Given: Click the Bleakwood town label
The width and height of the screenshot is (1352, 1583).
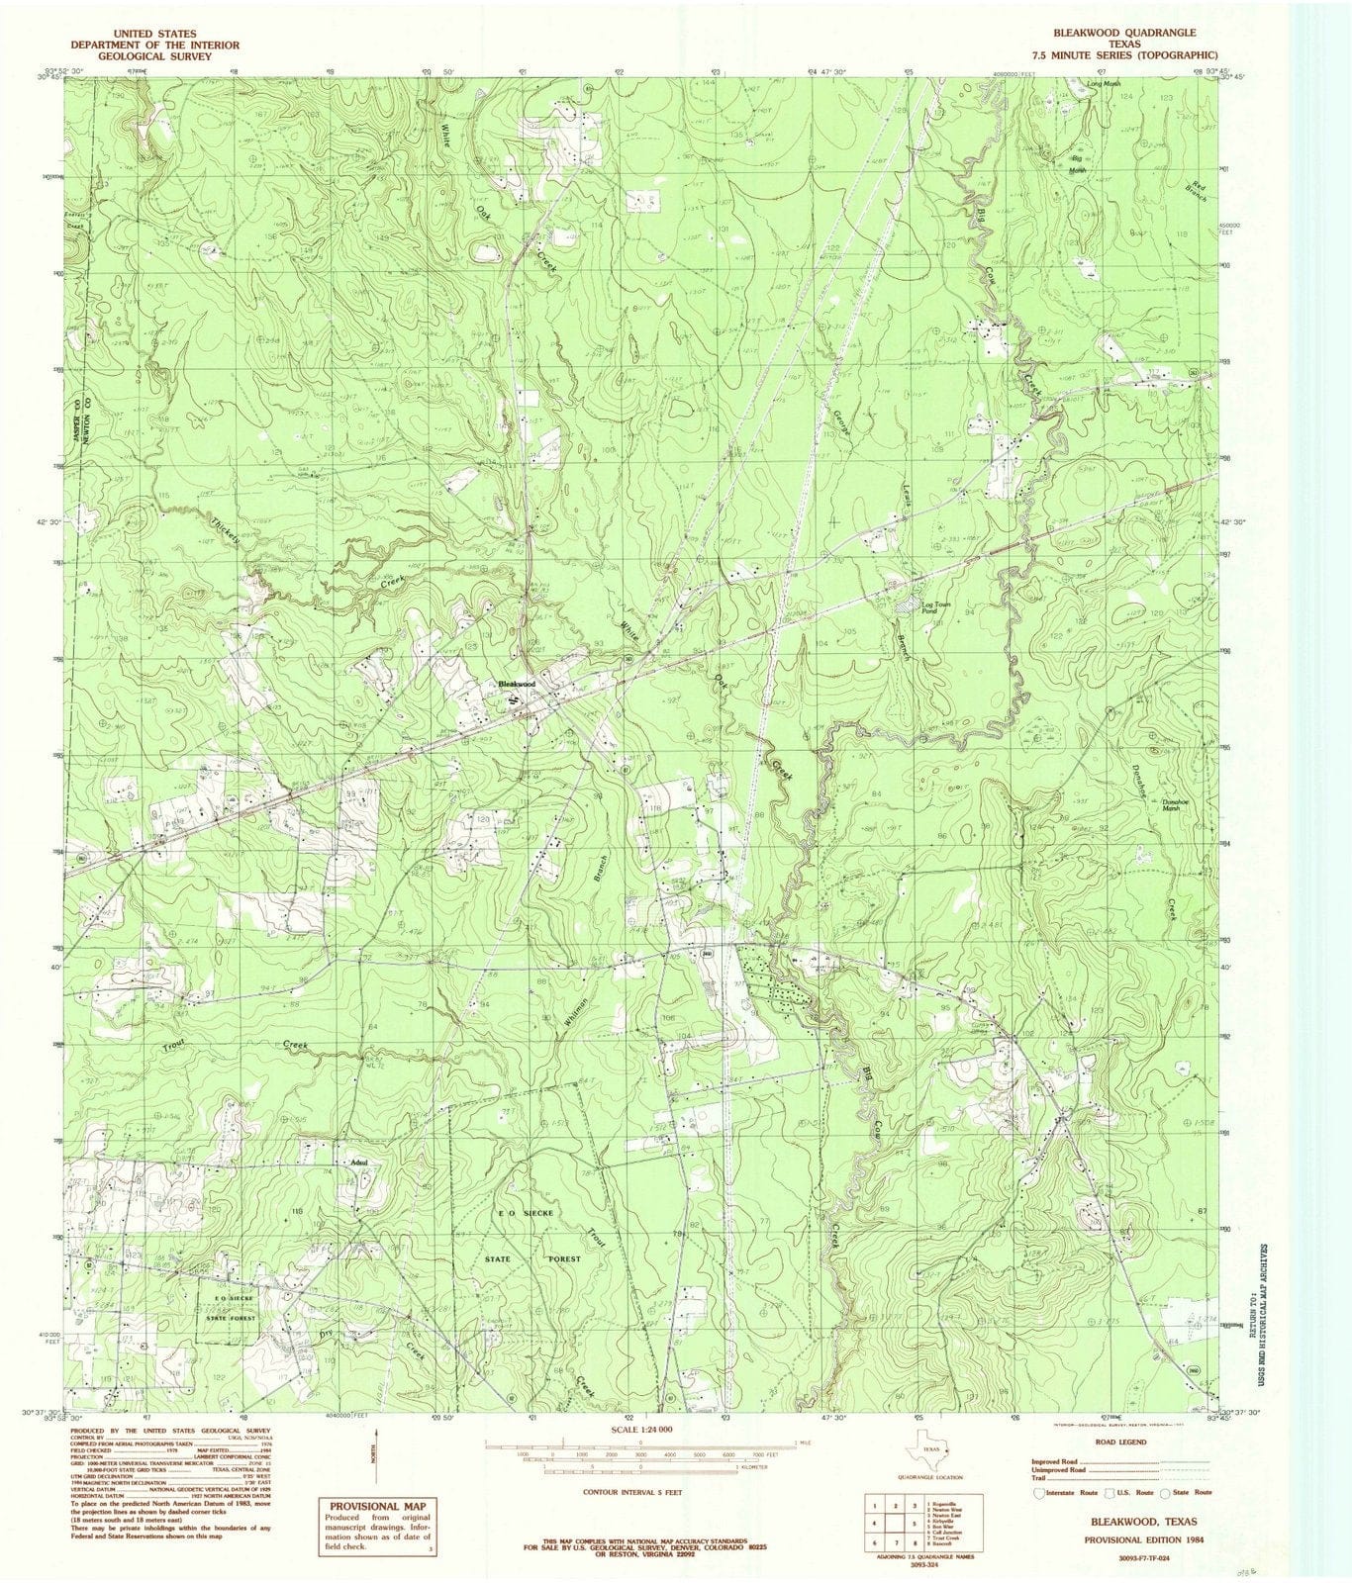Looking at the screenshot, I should click(517, 684).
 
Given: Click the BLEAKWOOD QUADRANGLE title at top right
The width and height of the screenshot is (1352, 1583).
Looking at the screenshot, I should click(1138, 33).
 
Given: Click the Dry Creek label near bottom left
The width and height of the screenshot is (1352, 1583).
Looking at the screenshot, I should click(327, 1335).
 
